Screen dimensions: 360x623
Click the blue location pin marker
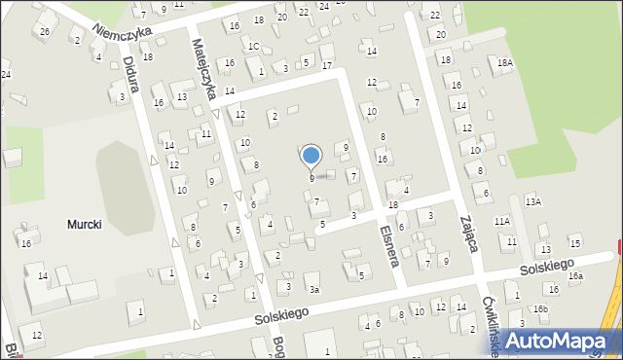(311, 156)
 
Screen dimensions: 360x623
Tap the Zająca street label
(469, 234)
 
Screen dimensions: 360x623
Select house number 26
(44, 32)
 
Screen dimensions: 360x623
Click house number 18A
(504, 62)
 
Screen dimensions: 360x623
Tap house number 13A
(532, 201)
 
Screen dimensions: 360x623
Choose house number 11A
(501, 222)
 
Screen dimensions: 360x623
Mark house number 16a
(575, 276)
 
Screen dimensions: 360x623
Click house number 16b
(540, 309)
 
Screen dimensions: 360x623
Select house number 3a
(313, 289)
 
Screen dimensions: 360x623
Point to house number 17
(326, 65)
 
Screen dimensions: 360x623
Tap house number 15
(575, 242)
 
